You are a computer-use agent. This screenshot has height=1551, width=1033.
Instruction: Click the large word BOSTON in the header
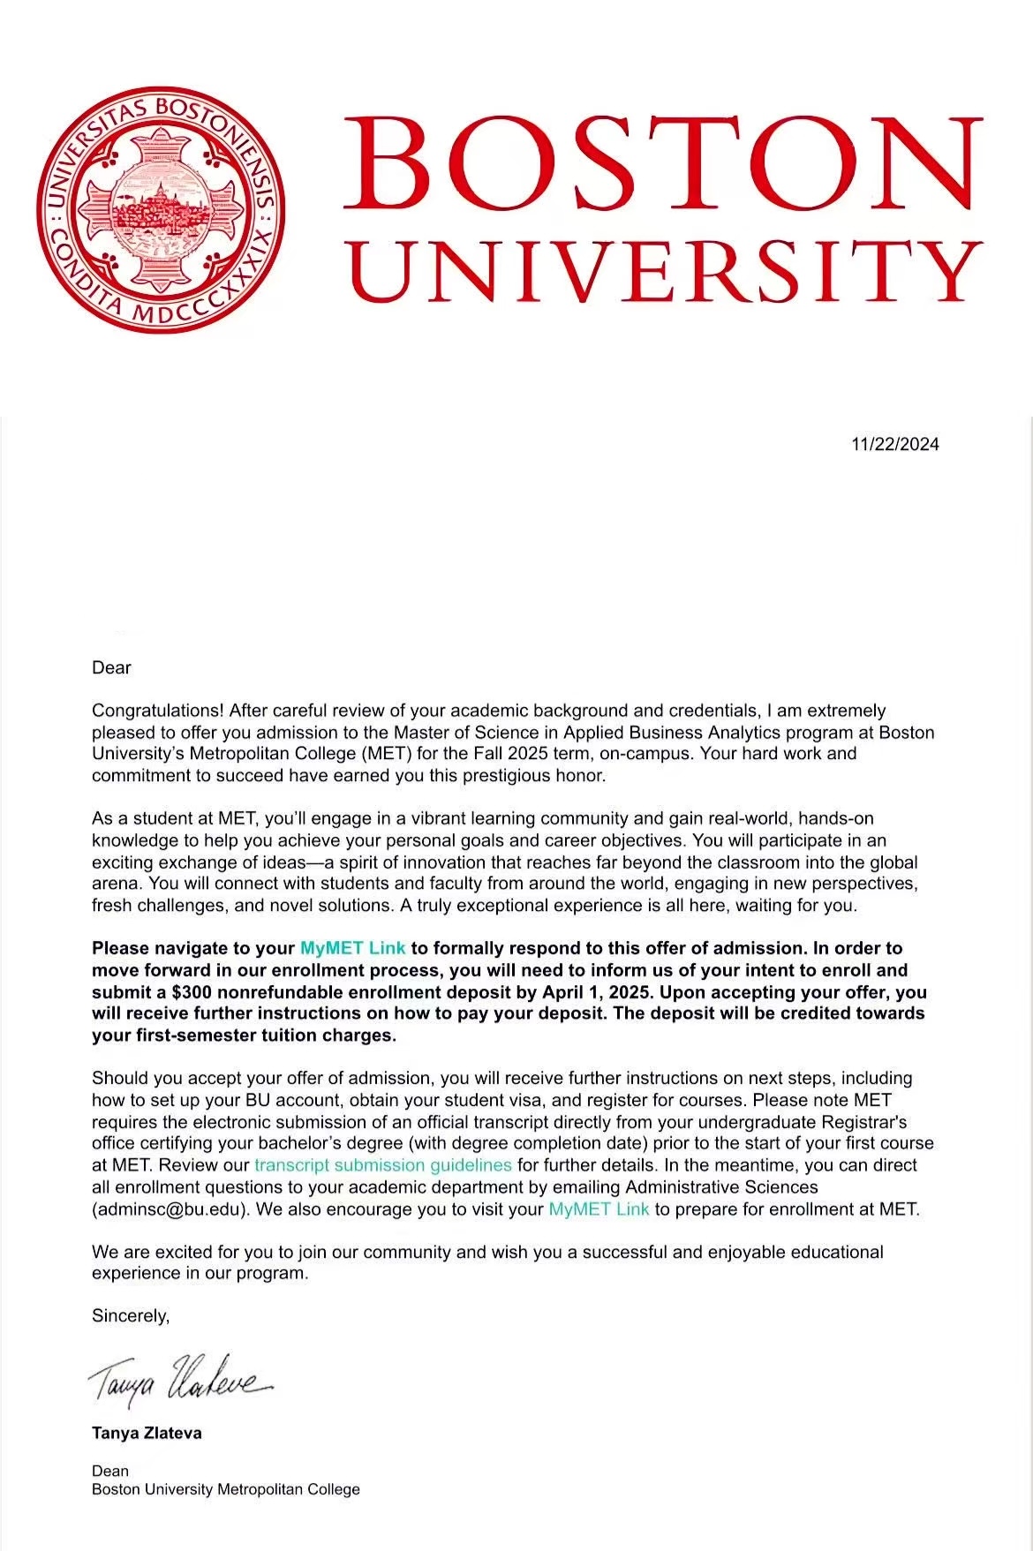[662, 164]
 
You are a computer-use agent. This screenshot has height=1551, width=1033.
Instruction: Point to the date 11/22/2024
[894, 444]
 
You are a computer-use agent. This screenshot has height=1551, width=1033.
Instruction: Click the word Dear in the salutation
[111, 668]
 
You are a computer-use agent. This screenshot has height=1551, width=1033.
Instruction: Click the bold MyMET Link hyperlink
[352, 948]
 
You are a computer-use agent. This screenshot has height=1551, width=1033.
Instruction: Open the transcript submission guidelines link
[382, 1165]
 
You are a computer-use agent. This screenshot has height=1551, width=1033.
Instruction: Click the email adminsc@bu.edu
[170, 1209]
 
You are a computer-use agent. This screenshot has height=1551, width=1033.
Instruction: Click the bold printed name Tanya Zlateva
[147, 1433]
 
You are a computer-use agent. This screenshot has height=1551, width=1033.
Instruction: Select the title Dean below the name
[110, 1471]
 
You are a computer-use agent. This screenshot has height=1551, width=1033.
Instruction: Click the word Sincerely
[130, 1316]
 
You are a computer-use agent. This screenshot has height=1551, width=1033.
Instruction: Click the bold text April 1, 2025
[594, 991]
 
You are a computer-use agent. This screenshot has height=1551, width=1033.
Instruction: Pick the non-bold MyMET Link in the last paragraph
[599, 1209]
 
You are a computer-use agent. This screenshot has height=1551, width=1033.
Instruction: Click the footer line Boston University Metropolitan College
[226, 1489]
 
